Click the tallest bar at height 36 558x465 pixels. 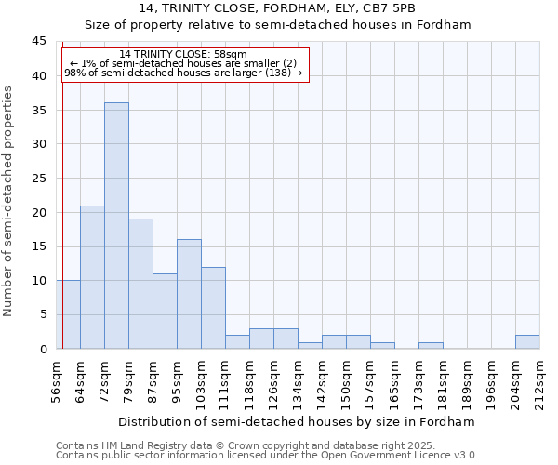coord(116,226)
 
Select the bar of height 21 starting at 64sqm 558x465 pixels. coord(92,277)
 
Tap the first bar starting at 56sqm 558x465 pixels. coord(68,314)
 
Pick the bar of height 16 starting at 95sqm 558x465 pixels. coord(189,294)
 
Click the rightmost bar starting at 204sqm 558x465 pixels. coord(527,342)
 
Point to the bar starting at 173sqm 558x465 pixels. coord(431,346)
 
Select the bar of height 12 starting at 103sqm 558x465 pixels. coord(213,308)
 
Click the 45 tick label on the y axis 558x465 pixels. coord(39,42)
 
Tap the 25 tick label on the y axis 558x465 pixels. coord(39,179)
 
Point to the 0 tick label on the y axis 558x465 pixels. coord(43,350)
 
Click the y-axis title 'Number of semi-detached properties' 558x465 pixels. coord(9,201)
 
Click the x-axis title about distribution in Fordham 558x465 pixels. coord(298,421)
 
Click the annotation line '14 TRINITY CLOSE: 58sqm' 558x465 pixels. coord(183,55)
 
